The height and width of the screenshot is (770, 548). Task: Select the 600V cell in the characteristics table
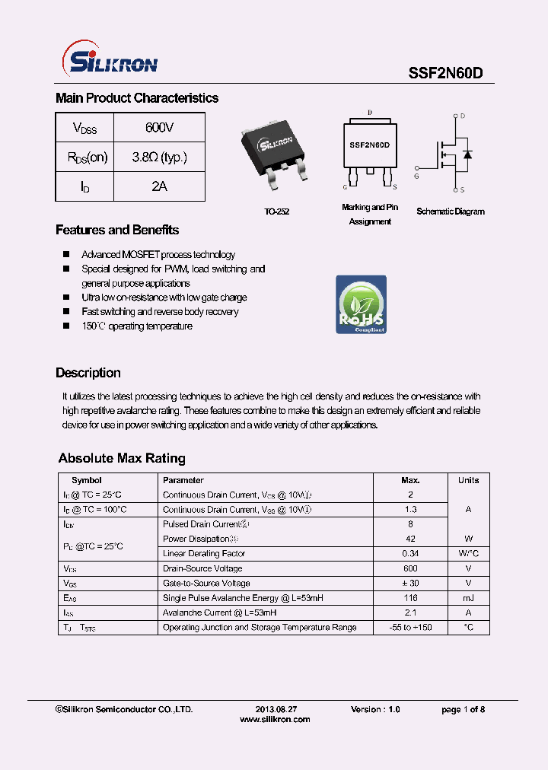pos(159,128)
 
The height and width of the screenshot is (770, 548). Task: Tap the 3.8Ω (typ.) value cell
pos(159,157)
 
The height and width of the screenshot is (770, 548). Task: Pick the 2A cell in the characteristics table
pos(159,186)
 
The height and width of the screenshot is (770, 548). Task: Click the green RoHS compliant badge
pos(361,304)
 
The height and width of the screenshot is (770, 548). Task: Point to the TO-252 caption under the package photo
pos(278,212)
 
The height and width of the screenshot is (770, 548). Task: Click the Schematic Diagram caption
pos(450,212)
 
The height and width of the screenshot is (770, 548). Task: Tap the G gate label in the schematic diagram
pos(416,176)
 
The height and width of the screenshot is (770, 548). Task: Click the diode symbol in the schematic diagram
pos(467,154)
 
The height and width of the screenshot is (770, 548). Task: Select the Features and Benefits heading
pos(117,230)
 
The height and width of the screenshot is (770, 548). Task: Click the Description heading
pos(88,373)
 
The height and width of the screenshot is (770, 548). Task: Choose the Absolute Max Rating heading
pos(122,458)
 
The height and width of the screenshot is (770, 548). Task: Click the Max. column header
pos(410,480)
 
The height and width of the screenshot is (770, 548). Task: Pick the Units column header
pos(468,480)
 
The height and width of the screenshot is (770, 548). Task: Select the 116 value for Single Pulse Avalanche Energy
pos(410,598)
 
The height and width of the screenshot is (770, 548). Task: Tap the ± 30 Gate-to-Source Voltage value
pos(410,583)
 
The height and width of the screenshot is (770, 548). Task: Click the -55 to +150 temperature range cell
pos(410,627)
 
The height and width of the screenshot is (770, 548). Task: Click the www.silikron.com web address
pos(275,719)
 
